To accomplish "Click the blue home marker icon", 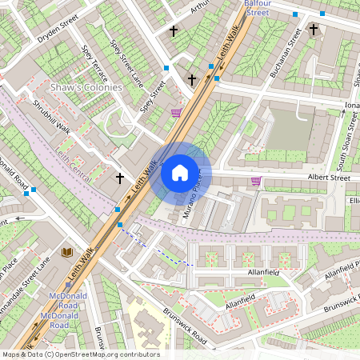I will (180, 173).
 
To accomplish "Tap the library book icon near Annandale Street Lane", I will (67, 252).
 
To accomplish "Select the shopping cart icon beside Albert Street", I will (256, 181).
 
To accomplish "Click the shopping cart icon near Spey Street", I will (176, 113).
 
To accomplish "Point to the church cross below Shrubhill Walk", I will (120, 178).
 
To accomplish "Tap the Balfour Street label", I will (258, 8).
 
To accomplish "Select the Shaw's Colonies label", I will (86, 87).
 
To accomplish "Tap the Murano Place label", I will (198, 195).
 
